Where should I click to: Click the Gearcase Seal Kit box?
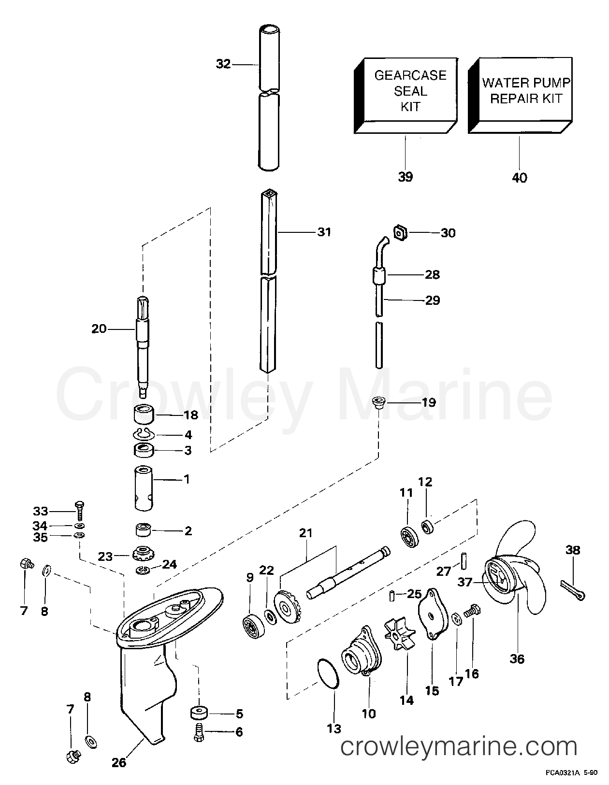pyautogui.click(x=406, y=96)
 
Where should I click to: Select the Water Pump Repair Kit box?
pyautogui.click(x=520, y=95)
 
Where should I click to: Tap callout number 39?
pyautogui.click(x=405, y=177)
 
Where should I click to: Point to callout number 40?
pyautogui.click(x=520, y=177)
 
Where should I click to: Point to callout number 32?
pyautogui.click(x=223, y=64)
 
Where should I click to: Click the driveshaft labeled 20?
pyautogui.click(x=143, y=347)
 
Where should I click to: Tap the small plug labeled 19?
pyautogui.click(x=378, y=402)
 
